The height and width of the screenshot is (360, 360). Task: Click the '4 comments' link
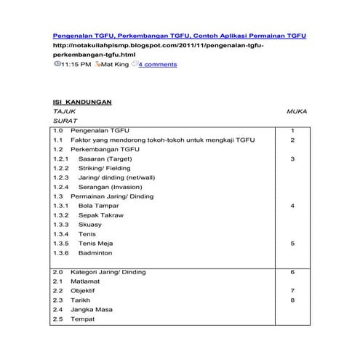[158, 65]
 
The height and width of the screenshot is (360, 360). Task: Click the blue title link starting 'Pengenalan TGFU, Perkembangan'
[180, 35]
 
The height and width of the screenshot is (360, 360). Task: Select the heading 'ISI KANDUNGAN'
[82, 102]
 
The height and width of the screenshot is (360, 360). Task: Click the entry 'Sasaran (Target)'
[105, 159]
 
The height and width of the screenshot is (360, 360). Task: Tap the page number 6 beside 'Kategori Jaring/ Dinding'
[292, 272]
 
